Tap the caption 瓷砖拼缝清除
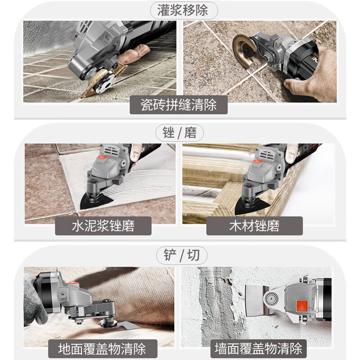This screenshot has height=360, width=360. pos(179,105)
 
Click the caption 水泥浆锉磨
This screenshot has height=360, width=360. pos(103,225)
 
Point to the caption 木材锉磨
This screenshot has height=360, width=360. pos(254,225)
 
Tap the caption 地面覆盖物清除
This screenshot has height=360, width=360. pos(102,348)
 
